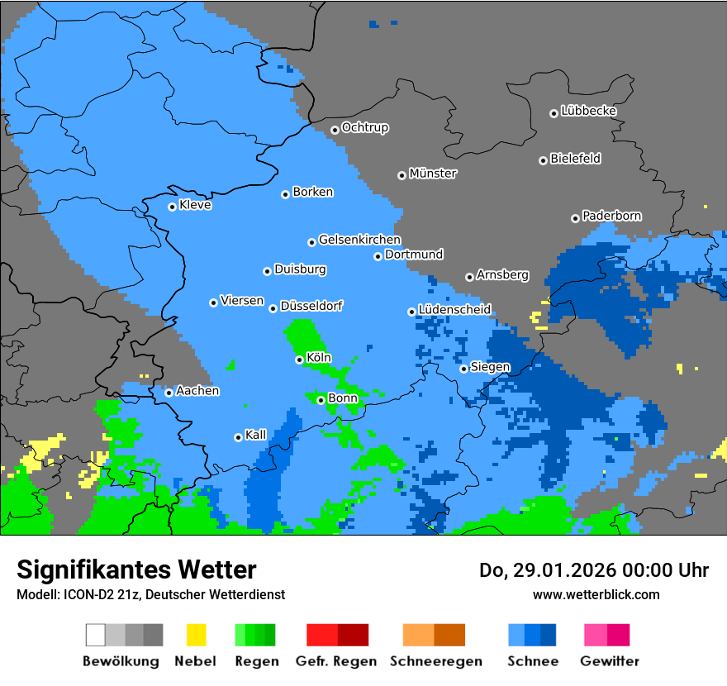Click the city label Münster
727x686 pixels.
(433, 174)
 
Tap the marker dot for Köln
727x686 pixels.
(300, 360)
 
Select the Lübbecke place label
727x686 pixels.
(589, 111)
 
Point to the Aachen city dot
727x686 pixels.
(169, 393)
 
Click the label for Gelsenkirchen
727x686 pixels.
(359, 240)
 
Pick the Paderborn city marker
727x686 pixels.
(575, 218)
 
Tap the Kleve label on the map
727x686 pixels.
(196, 205)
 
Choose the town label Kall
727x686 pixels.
(256, 435)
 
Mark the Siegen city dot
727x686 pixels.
(463, 369)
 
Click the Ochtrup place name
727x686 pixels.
(365, 127)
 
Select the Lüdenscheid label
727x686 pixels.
(454, 309)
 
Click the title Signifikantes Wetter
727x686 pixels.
(136, 569)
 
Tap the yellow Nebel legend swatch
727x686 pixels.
(196, 635)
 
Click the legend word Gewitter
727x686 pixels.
(610, 661)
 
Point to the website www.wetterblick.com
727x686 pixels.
(596, 594)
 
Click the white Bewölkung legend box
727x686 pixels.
(96, 635)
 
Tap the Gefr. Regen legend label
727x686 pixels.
(336, 661)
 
